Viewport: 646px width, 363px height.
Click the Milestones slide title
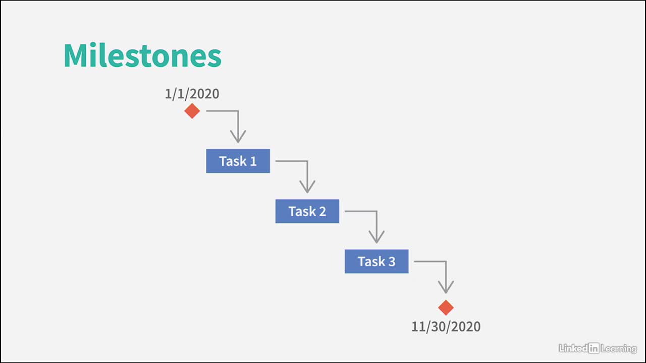pos(142,55)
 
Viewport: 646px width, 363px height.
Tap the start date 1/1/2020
pos(192,94)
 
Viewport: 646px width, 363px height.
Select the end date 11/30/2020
pos(446,327)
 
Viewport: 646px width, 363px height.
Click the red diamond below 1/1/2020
pos(192,111)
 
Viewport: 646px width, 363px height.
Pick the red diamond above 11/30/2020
pos(446,308)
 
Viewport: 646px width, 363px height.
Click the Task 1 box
pos(238,161)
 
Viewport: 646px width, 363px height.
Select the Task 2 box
pos(307,211)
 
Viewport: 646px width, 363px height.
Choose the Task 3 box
pos(376,261)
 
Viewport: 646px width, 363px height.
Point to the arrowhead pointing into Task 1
pos(238,138)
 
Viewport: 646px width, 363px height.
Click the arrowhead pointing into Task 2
pos(307,189)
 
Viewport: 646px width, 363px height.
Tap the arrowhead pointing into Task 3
pos(376,238)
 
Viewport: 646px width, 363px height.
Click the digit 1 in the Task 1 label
pos(253,161)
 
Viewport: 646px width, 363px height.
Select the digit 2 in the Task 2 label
pos(322,211)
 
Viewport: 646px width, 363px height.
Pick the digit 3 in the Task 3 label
pos(392,262)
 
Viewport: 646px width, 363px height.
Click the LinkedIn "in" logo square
pos(594,348)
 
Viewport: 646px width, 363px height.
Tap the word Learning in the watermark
pos(619,349)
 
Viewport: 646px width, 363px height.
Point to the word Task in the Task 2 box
pos(302,211)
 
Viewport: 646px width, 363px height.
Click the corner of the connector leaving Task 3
pos(446,261)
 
